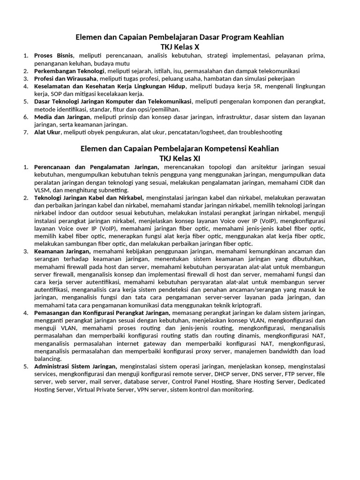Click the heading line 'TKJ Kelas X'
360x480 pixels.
point(180,47)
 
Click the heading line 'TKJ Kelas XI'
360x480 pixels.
point(180,158)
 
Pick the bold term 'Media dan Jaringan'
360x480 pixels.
point(62,117)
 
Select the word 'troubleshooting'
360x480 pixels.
point(260,132)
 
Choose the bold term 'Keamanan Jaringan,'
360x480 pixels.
point(62,251)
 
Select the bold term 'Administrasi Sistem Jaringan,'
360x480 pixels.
point(75,366)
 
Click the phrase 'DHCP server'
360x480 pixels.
point(231,374)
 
